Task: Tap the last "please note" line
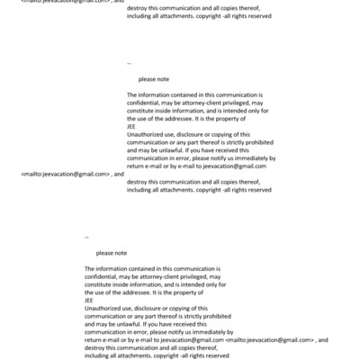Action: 111,253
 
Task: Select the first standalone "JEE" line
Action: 132,126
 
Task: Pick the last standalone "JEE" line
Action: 89,300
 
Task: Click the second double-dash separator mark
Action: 86,237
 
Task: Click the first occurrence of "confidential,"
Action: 146,103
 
